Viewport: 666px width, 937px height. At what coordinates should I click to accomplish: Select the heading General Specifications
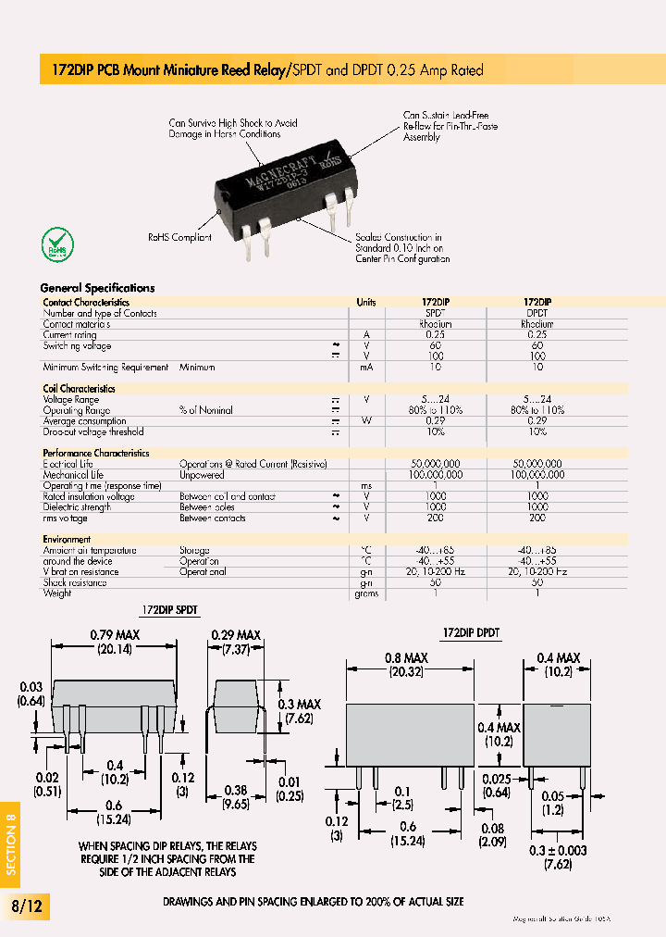tap(97, 288)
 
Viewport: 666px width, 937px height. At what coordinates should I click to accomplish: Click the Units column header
tap(366, 302)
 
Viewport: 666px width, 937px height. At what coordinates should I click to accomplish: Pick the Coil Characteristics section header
tap(79, 389)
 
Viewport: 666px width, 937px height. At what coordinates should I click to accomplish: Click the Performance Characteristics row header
tap(95, 453)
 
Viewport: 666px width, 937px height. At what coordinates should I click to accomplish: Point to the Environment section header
tap(67, 539)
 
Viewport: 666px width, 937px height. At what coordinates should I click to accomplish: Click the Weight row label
tap(57, 593)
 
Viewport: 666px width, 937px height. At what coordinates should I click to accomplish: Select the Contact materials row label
tap(76, 324)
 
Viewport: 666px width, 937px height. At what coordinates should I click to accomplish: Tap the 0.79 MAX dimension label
tap(114, 635)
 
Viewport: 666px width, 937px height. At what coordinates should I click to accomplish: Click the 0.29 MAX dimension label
tap(235, 635)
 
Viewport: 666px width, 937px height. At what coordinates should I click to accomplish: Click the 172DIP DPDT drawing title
tap(471, 632)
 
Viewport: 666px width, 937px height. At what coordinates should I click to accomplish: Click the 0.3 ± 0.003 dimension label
tap(559, 850)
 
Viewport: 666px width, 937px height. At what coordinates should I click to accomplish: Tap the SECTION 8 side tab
tap(11, 843)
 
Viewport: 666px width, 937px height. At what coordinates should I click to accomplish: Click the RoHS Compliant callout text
tap(179, 237)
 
